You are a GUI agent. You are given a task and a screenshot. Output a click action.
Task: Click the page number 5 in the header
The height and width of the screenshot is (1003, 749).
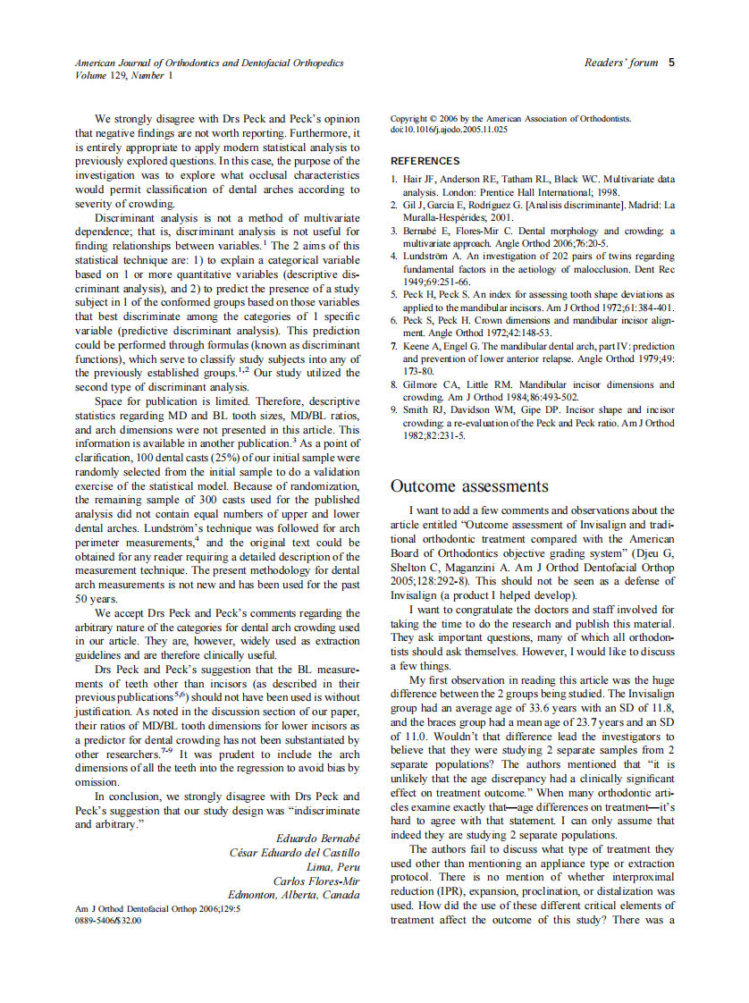pyautogui.click(x=671, y=63)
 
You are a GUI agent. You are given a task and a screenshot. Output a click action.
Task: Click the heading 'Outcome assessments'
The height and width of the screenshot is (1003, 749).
pyautogui.click(x=469, y=486)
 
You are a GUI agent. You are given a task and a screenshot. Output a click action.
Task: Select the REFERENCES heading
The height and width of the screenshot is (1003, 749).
pyautogui.click(x=425, y=161)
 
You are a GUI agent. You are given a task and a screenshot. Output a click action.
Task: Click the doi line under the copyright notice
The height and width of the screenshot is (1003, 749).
pyautogui.click(x=449, y=130)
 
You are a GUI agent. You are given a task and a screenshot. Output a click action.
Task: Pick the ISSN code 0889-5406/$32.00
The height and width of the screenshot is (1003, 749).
pyautogui.click(x=108, y=920)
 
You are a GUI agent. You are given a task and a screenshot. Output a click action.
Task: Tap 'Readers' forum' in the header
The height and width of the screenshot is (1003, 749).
pyautogui.click(x=620, y=63)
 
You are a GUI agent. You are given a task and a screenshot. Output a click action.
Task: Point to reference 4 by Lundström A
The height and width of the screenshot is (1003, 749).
pyautogui.click(x=532, y=256)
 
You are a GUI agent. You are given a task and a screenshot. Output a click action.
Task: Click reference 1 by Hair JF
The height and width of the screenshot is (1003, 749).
pyautogui.click(x=532, y=180)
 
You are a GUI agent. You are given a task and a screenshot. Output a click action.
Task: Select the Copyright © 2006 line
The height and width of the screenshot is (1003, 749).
pyautogui.click(x=510, y=118)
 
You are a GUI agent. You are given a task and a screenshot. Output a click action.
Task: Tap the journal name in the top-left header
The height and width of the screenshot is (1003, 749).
pyautogui.click(x=209, y=63)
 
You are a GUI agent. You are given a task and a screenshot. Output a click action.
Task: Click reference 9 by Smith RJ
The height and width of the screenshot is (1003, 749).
pyautogui.click(x=532, y=409)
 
